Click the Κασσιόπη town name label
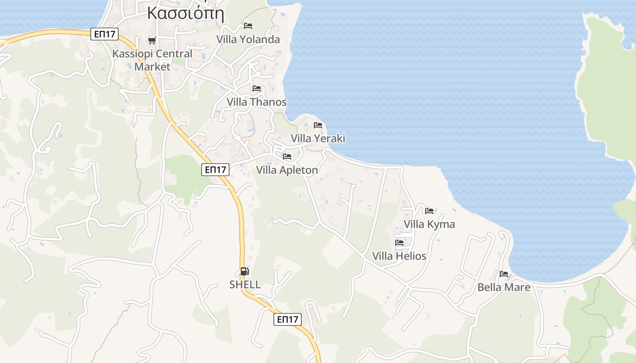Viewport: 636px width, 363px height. coord(185,13)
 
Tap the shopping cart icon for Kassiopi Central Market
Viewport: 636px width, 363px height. coord(152,41)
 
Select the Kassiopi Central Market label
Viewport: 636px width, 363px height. coord(152,60)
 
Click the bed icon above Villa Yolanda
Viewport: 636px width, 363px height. coord(248,26)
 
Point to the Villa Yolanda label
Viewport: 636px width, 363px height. coord(248,39)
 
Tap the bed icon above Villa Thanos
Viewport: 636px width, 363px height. coord(257,88)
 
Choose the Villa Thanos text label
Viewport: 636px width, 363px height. coord(257,102)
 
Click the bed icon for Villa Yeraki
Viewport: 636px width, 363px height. coord(318,125)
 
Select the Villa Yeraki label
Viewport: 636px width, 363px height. coord(318,138)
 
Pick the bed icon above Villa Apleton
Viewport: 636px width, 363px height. coord(287,157)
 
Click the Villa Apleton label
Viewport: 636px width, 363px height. coord(287,171)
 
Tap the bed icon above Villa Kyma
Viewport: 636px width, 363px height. coord(429,211)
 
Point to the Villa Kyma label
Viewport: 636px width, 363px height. coord(429,224)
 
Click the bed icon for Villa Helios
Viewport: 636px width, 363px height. coord(399,243)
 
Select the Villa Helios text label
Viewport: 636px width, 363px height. coord(399,256)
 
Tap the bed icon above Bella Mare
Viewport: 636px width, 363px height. coord(504,274)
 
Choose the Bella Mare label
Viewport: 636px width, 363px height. coord(504,288)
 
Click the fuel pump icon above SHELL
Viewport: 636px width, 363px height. coord(244,271)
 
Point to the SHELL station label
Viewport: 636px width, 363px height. coord(245,285)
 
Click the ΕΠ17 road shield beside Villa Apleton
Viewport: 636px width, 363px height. coord(215,170)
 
